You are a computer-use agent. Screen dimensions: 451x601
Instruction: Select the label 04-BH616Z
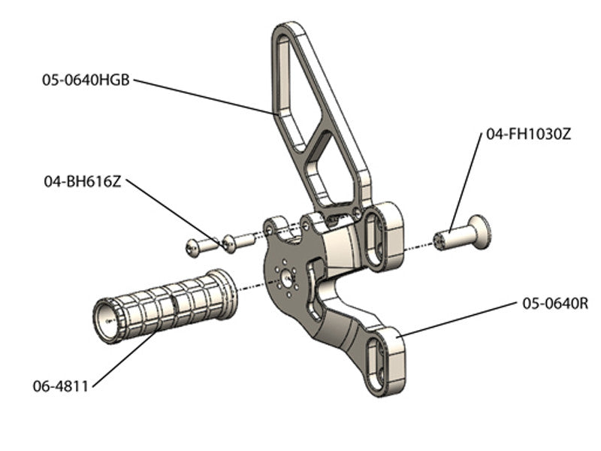pos(82,182)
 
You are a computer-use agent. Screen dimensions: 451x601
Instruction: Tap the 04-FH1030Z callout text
pos(529,135)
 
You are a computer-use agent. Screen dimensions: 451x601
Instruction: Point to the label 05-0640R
pos(554,304)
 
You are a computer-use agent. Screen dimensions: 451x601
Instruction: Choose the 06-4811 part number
pos(61,386)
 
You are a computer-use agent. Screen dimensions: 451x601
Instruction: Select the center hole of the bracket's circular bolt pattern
pos(287,277)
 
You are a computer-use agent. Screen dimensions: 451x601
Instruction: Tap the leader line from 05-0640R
pos(458,318)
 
